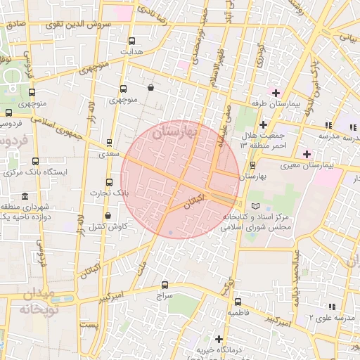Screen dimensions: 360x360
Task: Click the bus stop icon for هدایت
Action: coord(133,41)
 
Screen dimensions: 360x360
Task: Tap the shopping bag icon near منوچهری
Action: coord(152,88)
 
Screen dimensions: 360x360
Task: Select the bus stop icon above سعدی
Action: coord(109,142)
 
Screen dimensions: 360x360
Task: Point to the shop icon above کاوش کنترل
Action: coord(108,215)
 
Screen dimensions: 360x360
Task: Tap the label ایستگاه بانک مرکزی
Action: coord(65,172)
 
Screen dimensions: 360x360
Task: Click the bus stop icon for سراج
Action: coord(165,285)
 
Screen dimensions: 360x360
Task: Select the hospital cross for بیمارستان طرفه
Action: coord(276,93)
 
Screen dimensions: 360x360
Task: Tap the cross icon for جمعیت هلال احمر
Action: coord(263,124)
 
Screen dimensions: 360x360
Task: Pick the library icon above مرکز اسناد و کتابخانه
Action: coord(255,205)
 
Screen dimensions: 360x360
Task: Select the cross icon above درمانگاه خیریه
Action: coord(219,339)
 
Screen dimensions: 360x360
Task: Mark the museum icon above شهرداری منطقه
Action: coord(25,195)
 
